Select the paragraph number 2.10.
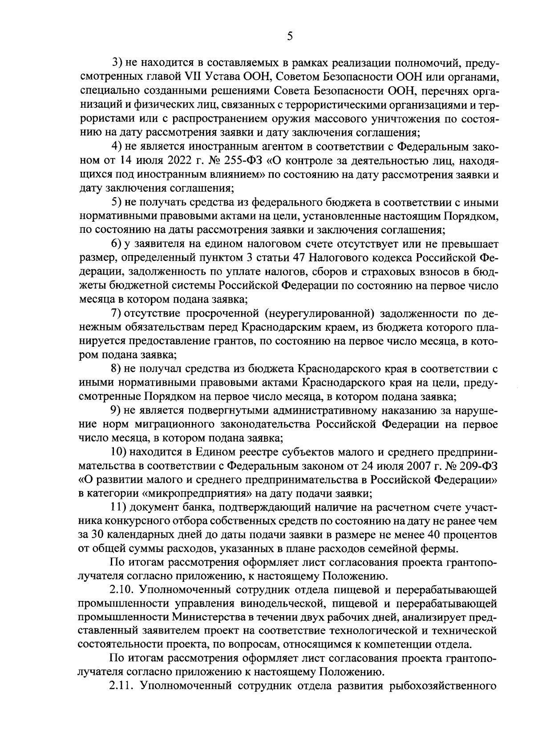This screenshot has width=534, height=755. point(121,590)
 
